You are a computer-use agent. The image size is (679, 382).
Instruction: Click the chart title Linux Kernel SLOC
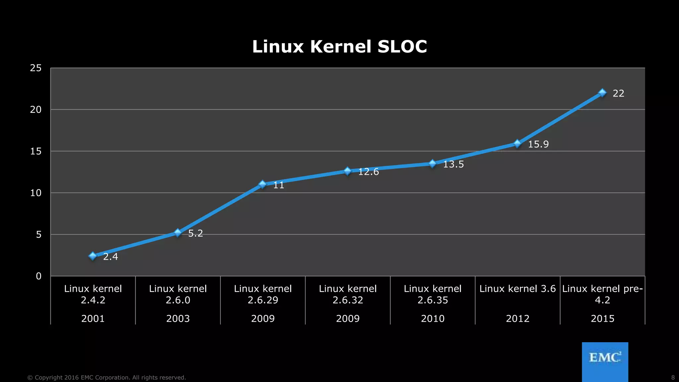point(339,46)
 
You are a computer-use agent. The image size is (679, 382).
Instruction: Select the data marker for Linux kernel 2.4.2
point(93,256)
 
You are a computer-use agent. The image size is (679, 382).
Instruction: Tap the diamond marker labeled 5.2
point(178,233)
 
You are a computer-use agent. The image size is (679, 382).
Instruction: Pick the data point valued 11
point(263,184)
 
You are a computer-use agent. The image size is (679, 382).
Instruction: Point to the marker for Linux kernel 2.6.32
point(347,171)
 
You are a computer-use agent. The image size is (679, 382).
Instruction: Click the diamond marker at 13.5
point(432,163)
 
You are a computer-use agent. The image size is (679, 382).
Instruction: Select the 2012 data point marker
point(517,144)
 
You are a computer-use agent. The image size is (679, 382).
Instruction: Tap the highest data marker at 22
point(602,93)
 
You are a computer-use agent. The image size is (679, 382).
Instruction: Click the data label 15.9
point(538,144)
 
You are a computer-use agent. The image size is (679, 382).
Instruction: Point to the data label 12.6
point(368,172)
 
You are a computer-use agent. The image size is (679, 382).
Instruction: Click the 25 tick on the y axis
point(36,68)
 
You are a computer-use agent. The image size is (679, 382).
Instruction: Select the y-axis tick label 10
point(36,193)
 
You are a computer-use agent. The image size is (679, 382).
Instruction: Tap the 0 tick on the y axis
point(39,276)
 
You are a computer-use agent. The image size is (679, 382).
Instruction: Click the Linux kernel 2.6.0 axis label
point(178,294)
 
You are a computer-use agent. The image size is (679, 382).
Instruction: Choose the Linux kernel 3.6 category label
point(517,289)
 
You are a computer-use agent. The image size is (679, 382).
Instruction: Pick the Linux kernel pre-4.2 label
point(602,294)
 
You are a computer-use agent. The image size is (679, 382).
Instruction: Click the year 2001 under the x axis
point(93,319)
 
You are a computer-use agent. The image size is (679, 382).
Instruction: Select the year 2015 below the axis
point(602,319)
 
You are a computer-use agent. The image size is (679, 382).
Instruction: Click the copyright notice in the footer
point(106,378)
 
